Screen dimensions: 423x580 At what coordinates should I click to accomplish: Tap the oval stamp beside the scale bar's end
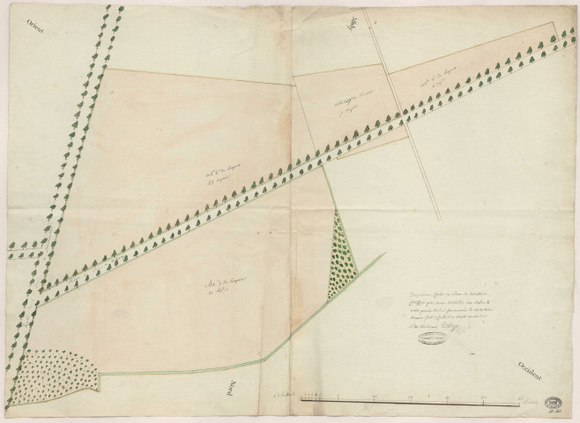pyautogui.click(x=554, y=400)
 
